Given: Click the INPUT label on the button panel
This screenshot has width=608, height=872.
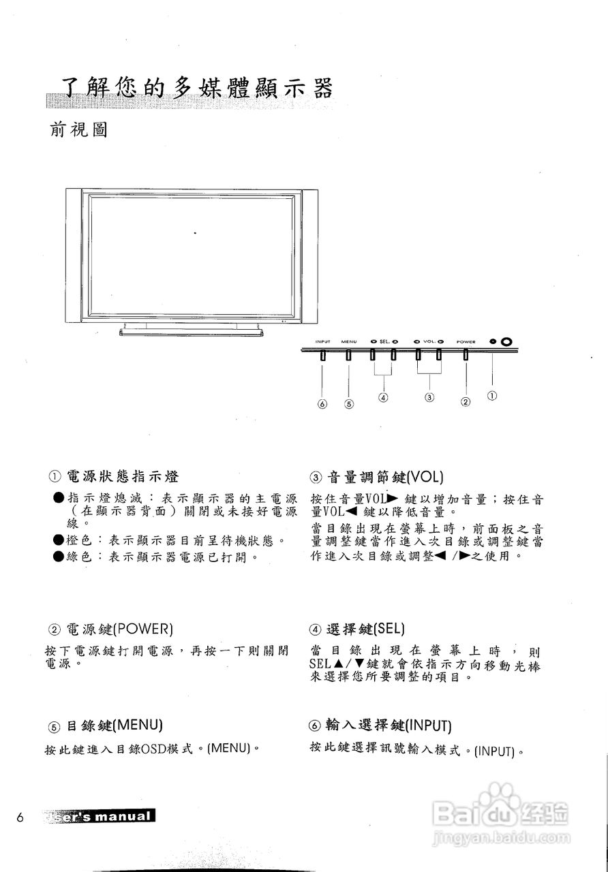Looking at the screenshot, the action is point(322,341).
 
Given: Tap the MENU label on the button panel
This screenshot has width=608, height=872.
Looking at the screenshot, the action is point(349,341).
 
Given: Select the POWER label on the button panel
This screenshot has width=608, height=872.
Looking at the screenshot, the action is point(466,341).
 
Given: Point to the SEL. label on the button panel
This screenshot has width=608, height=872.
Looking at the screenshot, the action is point(383,341).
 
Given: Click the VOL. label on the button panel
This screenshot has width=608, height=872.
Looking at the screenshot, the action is point(428,341).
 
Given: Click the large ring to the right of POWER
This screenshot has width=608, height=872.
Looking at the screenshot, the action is point(506,341).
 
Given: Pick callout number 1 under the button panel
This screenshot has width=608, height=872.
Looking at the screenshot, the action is point(492,394).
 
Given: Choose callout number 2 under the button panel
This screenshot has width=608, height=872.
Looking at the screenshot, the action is point(466,402).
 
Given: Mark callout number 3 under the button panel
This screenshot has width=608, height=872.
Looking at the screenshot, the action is point(429,396).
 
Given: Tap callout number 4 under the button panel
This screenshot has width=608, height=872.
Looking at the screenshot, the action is point(383,397).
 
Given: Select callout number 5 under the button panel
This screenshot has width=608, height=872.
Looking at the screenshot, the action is point(349,403).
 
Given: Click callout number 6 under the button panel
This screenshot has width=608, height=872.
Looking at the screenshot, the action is point(322,403).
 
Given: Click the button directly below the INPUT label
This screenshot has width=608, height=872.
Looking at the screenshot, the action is point(322,355).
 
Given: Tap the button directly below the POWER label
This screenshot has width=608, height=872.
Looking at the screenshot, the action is point(466,355).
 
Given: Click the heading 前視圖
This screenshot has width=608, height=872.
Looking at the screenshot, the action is point(79,129).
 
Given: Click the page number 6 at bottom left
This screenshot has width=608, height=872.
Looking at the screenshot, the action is point(20,817).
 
